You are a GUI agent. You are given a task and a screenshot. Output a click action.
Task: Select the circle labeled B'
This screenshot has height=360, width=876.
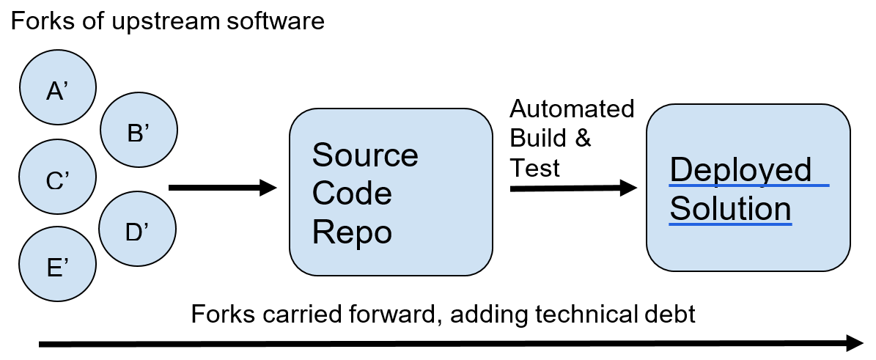pos(139,132)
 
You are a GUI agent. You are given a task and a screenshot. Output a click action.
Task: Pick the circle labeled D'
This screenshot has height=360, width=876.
pos(138,231)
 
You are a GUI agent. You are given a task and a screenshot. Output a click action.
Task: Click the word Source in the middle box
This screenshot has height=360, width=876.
pos(365,155)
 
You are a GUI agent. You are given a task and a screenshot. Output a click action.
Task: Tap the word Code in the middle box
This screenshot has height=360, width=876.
pos(352,194)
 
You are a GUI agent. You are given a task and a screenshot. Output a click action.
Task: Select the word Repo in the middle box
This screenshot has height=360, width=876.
pos(352,232)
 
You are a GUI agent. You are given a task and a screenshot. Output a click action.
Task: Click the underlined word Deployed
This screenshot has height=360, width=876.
pos(741,170)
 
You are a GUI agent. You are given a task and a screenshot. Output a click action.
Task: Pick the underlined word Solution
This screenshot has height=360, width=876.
pos(731,209)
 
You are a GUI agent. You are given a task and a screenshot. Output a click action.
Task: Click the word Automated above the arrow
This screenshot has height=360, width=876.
pos(572,109)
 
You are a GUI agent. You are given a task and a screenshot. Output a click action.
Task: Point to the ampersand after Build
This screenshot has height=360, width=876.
pos(583,138)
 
